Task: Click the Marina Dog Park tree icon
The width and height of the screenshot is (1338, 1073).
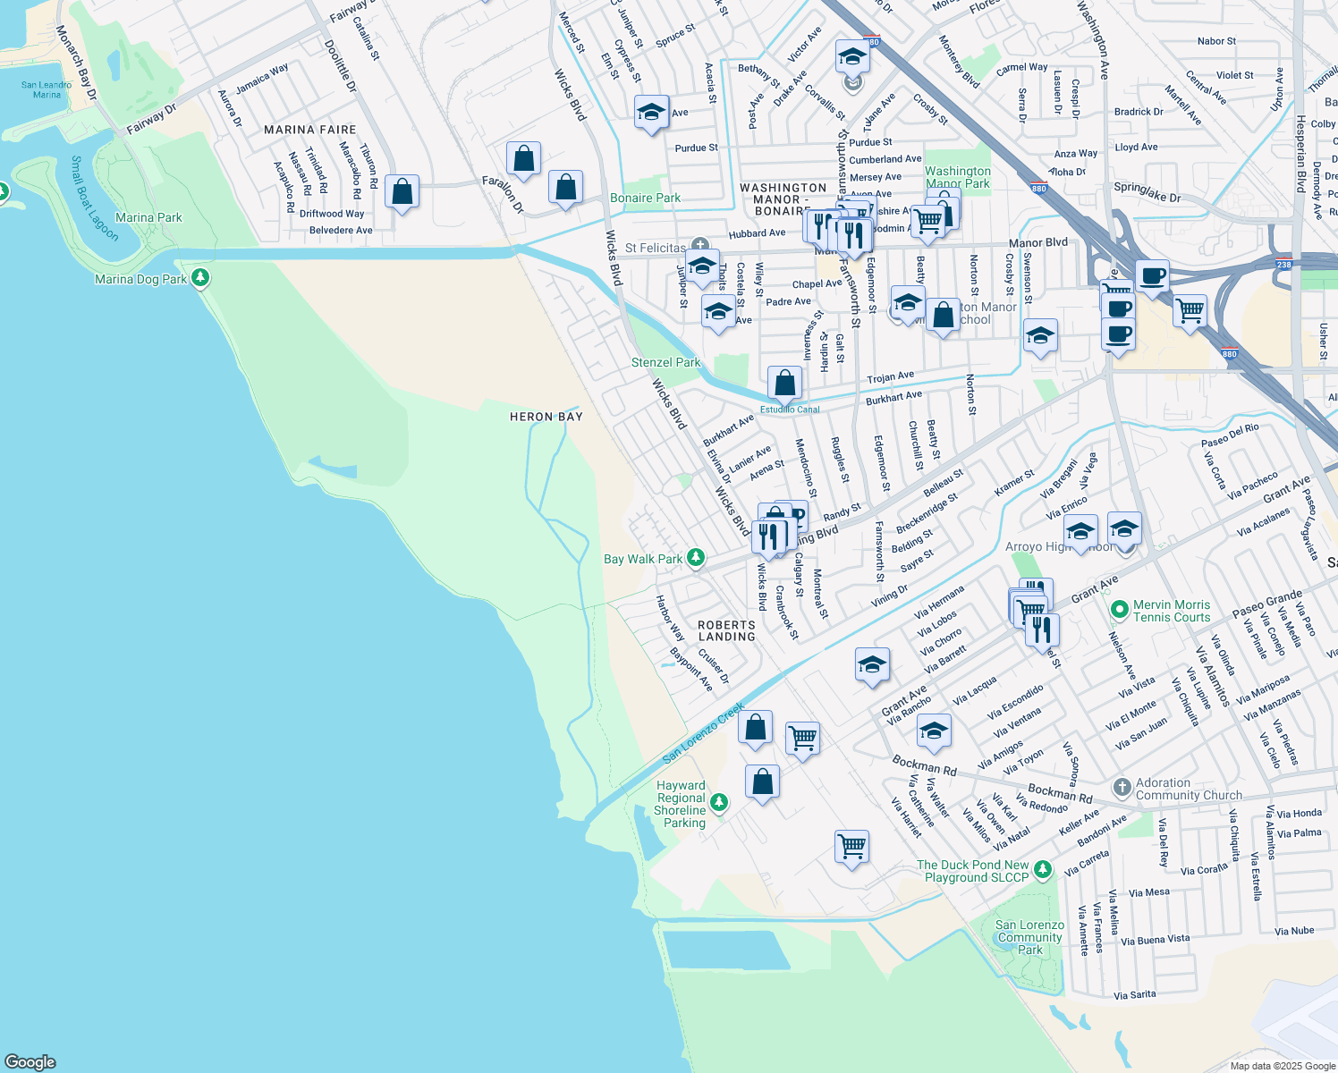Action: click(x=200, y=278)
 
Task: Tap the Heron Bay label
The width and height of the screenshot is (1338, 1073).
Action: click(x=546, y=417)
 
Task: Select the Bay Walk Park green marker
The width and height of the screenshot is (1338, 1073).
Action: click(x=695, y=558)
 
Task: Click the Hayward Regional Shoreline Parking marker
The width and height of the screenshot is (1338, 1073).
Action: click(x=724, y=804)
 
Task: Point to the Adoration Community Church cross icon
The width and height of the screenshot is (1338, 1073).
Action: click(x=1122, y=788)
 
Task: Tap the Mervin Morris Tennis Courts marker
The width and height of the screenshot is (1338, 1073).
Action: click(x=1119, y=611)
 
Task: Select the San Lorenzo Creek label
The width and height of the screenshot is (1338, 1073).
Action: click(x=704, y=733)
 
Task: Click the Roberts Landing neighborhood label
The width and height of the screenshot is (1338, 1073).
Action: click(x=726, y=630)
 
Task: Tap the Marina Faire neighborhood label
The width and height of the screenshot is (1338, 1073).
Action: click(x=309, y=130)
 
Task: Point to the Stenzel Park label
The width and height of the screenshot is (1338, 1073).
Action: click(x=665, y=362)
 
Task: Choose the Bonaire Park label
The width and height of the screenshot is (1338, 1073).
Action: click(x=645, y=198)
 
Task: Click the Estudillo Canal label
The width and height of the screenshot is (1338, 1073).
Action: click(x=790, y=410)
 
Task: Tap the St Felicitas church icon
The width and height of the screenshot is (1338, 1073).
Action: click(x=700, y=244)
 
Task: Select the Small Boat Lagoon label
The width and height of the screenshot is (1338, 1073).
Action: click(x=94, y=199)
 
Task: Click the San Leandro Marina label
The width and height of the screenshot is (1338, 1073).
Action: click(x=47, y=89)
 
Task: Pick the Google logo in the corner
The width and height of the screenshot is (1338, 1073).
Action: click(x=30, y=1062)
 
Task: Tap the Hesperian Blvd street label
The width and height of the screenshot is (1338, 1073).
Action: click(x=1300, y=143)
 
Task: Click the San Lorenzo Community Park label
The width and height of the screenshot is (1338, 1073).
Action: click(x=1029, y=937)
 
